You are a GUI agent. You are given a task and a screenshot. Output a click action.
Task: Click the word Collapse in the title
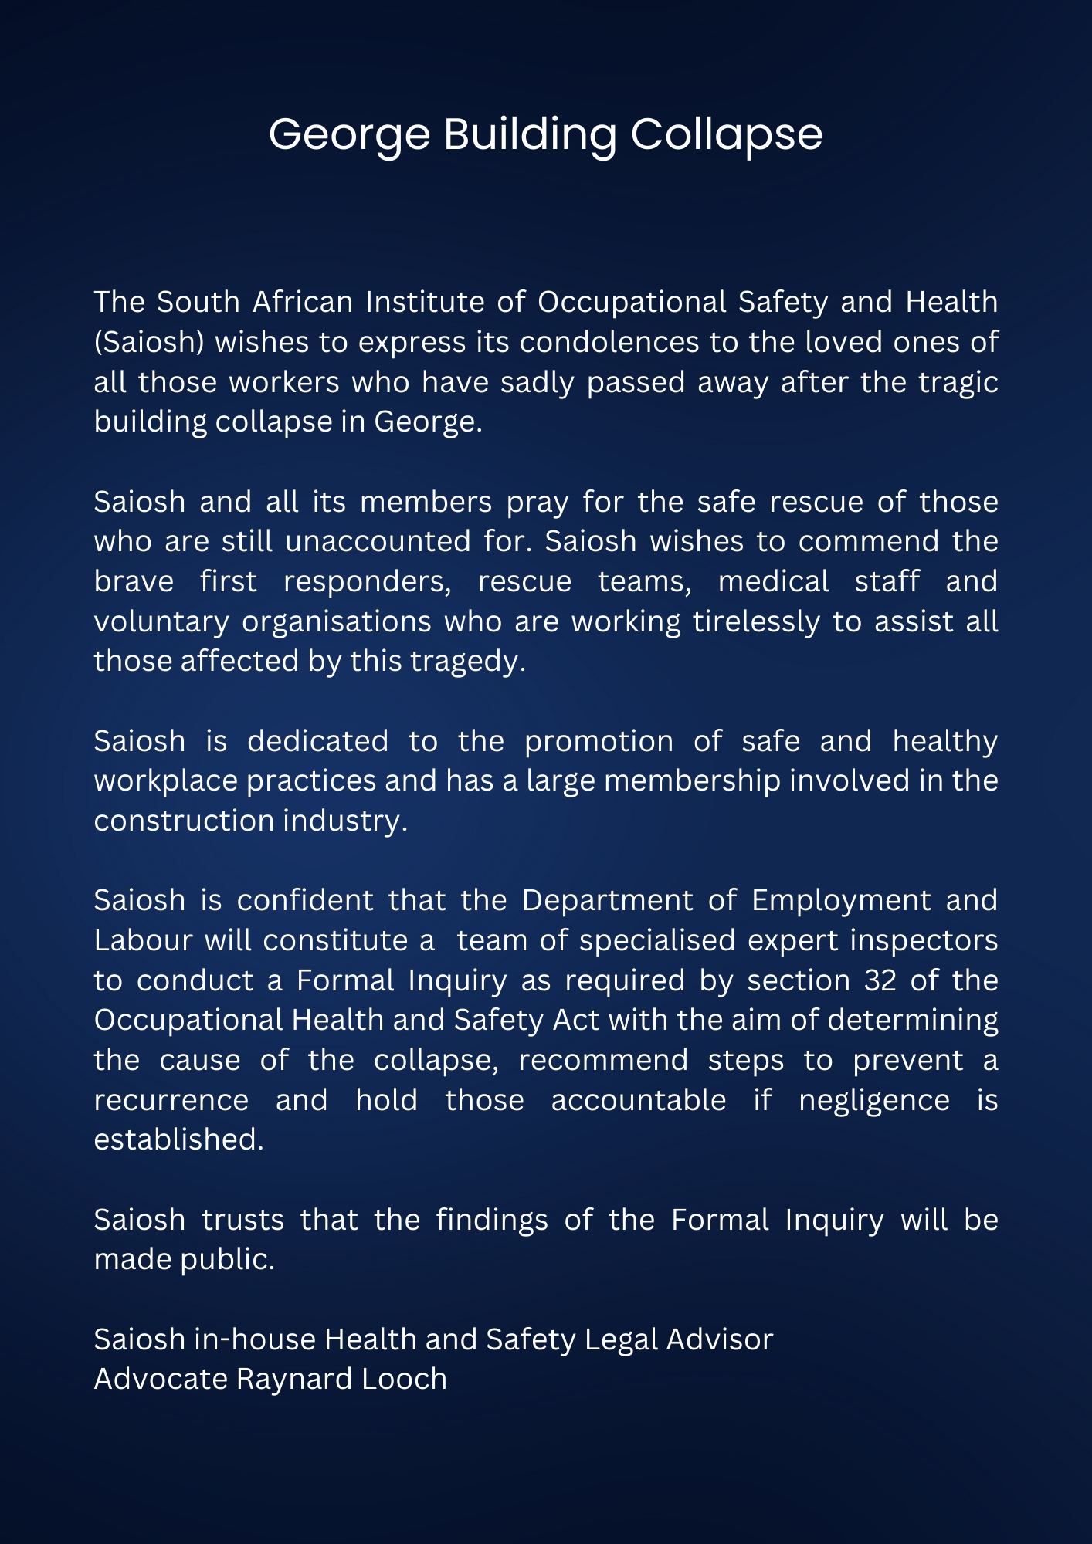tap(726, 135)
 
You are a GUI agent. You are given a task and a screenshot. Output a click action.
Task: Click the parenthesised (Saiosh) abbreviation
tap(149, 342)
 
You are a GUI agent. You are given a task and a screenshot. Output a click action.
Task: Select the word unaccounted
tap(378, 541)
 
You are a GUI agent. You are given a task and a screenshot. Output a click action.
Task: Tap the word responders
tap(367, 581)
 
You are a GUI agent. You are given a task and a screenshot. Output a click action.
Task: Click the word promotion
tap(599, 741)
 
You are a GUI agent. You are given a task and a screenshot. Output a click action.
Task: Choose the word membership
tap(692, 780)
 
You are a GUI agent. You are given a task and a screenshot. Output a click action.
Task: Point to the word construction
tap(183, 821)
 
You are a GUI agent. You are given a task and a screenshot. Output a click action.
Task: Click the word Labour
tap(143, 940)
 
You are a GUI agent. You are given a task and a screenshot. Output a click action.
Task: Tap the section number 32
tap(880, 980)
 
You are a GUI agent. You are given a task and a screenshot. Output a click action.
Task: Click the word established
tap(178, 1139)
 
